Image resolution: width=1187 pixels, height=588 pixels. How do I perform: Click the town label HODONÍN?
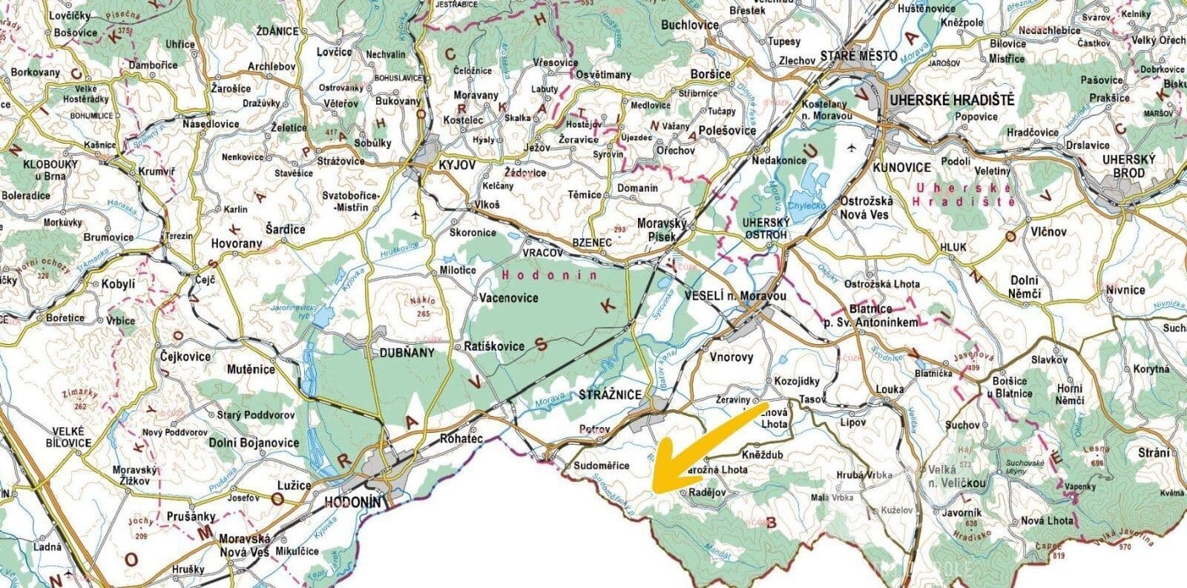click(x=352, y=503)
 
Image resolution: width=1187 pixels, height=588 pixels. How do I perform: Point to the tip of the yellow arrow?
click(x=653, y=489)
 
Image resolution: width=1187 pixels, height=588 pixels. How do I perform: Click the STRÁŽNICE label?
click(x=608, y=397)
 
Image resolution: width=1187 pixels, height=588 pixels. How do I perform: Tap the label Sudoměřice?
click(x=602, y=466)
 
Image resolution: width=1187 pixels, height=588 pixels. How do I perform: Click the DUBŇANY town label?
click(x=406, y=353)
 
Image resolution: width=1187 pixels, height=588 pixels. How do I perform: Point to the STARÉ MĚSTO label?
click(x=859, y=56)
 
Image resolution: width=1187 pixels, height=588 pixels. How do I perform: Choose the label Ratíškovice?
click(x=493, y=346)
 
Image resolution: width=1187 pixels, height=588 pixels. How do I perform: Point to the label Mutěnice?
click(x=250, y=369)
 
